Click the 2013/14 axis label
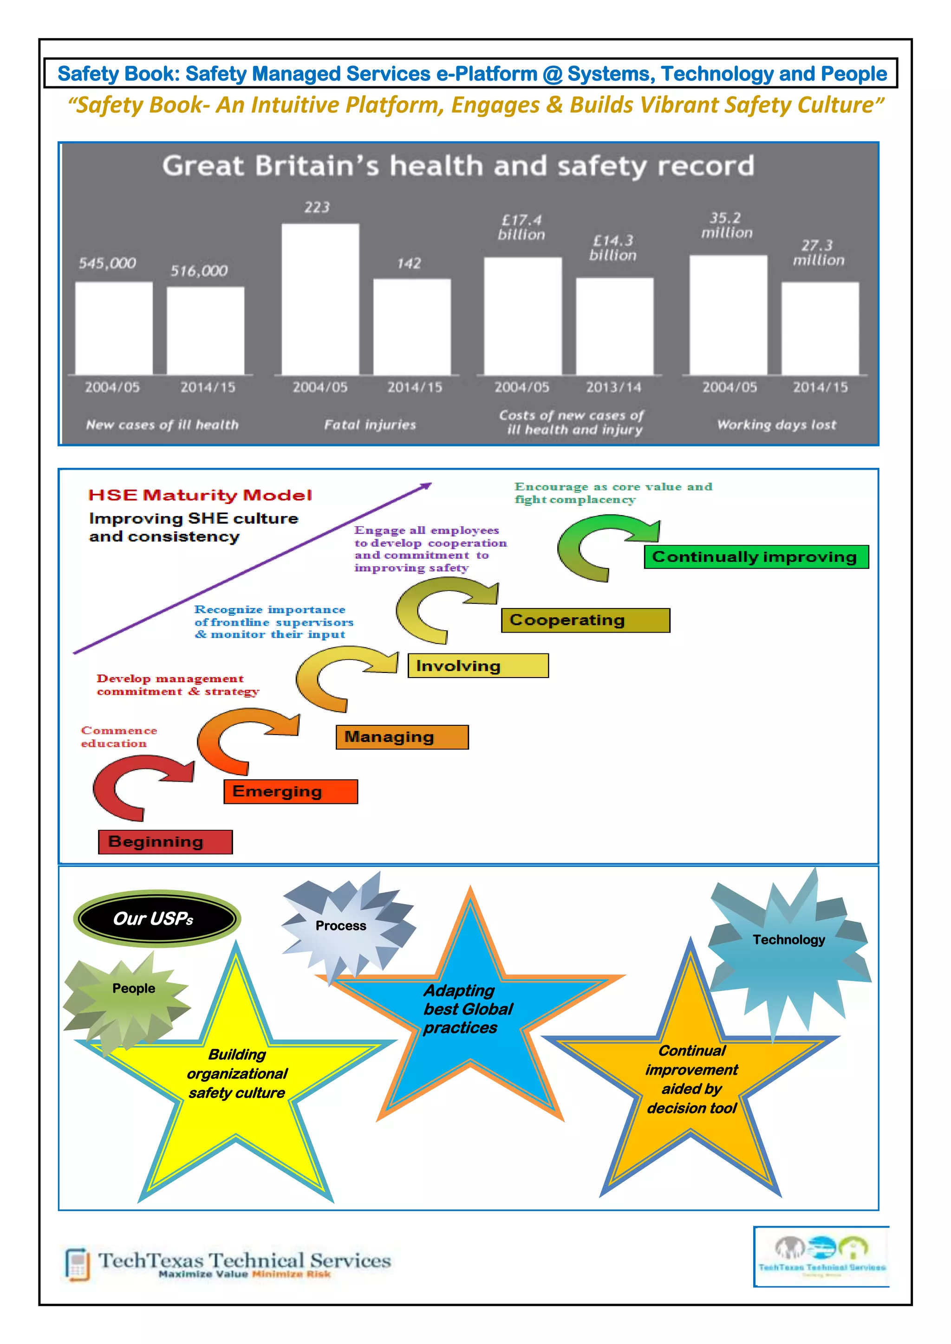[x=614, y=387]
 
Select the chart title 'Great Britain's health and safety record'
[x=458, y=166]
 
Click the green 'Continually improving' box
[x=756, y=557]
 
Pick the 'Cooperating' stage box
[x=585, y=620]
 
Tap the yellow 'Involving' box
[x=478, y=666]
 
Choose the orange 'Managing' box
[x=402, y=737]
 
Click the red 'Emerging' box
[x=290, y=791]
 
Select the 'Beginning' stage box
[x=165, y=842]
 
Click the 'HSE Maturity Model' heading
[x=200, y=495]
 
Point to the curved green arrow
[x=603, y=546]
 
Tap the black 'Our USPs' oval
[x=156, y=918]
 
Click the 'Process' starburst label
[x=341, y=925]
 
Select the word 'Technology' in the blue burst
[x=789, y=939]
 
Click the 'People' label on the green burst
[x=134, y=988]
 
